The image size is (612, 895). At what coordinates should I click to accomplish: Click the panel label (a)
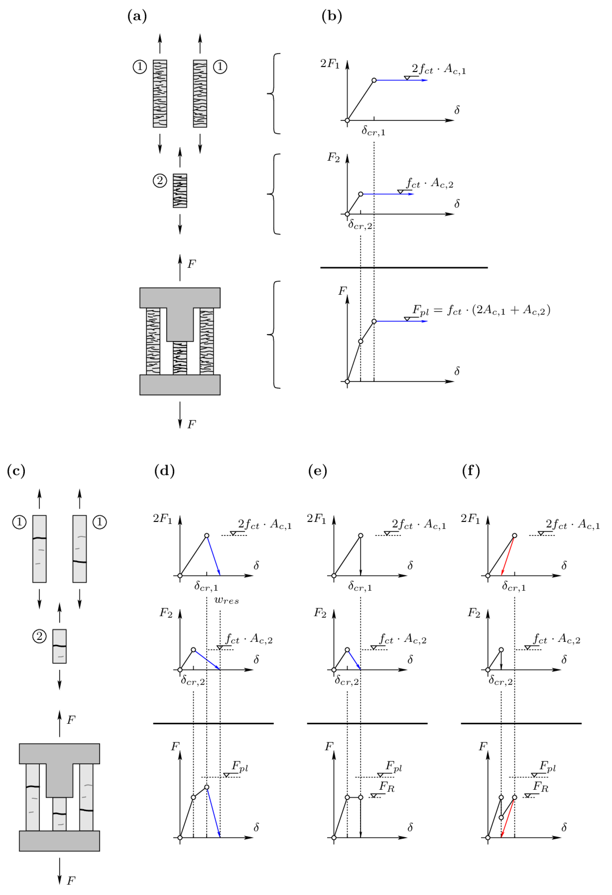[x=137, y=16]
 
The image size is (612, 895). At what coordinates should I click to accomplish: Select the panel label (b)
[x=332, y=16]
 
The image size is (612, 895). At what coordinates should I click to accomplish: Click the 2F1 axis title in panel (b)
[x=330, y=63]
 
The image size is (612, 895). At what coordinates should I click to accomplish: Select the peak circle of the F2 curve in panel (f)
[x=501, y=650]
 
